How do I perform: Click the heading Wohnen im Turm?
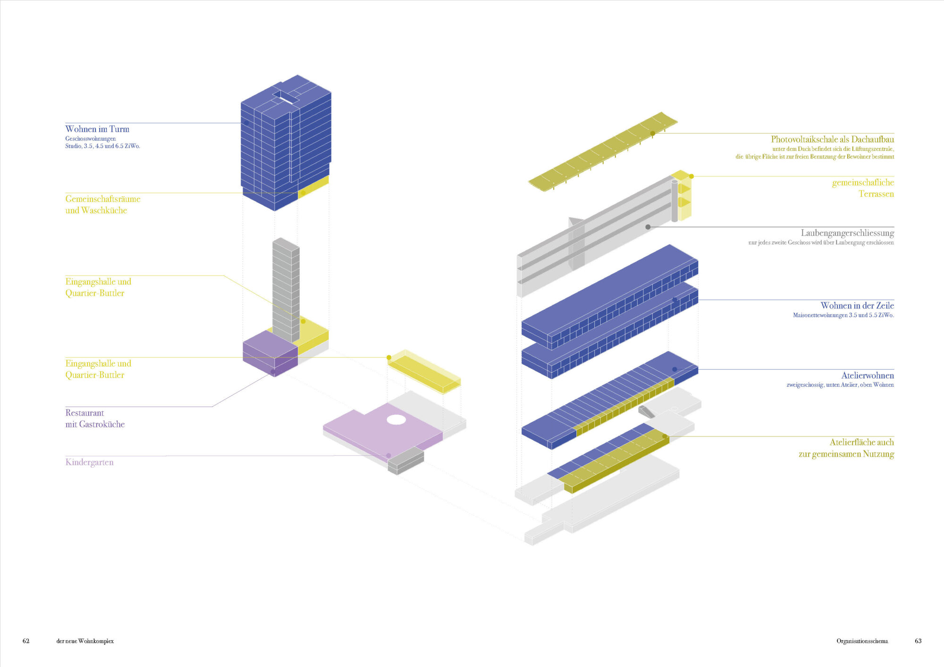pyautogui.click(x=97, y=129)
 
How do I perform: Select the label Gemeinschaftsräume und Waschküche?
pyautogui.click(x=103, y=205)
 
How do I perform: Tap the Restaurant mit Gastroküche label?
pyautogui.click(x=95, y=418)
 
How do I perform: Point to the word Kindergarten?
pyautogui.click(x=89, y=462)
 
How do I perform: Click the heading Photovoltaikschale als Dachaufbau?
pyautogui.click(x=832, y=139)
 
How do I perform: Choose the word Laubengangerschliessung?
pyautogui.click(x=847, y=233)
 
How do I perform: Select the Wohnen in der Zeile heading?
pyautogui.click(x=857, y=306)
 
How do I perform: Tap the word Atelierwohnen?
pyautogui.click(x=868, y=375)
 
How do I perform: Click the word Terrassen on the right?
pyautogui.click(x=876, y=194)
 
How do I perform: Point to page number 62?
pyautogui.click(x=26, y=641)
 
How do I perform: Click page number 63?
pyautogui.click(x=918, y=641)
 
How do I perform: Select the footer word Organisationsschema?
pyautogui.click(x=862, y=641)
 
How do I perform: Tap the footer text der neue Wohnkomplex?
pyautogui.click(x=85, y=641)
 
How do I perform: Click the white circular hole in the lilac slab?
pyautogui.click(x=396, y=419)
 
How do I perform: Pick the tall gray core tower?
pyautogui.click(x=286, y=290)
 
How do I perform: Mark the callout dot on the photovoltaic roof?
pyautogui.click(x=653, y=133)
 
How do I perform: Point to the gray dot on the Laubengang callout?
pyautogui.click(x=648, y=227)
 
